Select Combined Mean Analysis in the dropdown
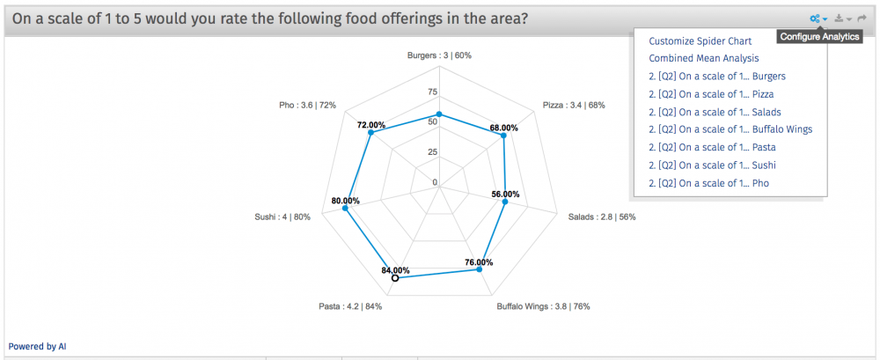(x=703, y=58)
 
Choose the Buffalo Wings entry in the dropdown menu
(x=730, y=129)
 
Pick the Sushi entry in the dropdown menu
(x=712, y=165)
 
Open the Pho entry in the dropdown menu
(x=708, y=183)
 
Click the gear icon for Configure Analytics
(x=817, y=18)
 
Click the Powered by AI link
(x=38, y=347)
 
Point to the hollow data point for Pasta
(x=395, y=277)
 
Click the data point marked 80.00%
(x=345, y=209)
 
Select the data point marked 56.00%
(x=504, y=202)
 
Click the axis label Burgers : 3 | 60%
(x=439, y=55)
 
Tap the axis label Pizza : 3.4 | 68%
(x=573, y=106)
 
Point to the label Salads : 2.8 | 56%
(x=601, y=217)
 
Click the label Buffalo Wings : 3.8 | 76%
(x=543, y=306)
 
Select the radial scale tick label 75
(x=432, y=92)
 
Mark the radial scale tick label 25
(x=432, y=152)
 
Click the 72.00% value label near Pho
(x=370, y=125)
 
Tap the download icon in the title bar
(x=841, y=18)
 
